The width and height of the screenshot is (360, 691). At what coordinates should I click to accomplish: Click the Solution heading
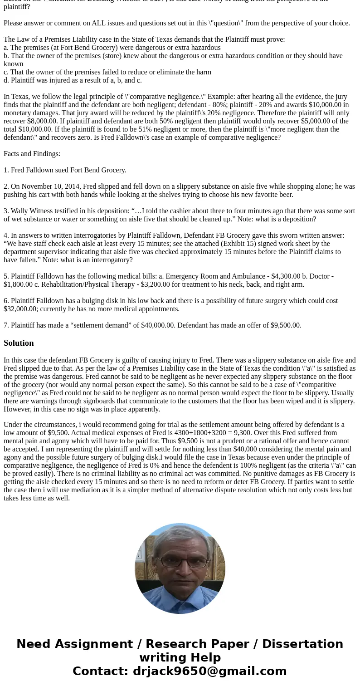pyautogui.click(x=19, y=343)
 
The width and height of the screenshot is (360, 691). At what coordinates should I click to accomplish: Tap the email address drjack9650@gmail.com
pyautogui.click(x=209, y=671)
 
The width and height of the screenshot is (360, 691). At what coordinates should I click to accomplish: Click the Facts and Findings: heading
pyautogui.click(x=32, y=154)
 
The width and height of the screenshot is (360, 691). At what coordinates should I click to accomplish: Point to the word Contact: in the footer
pyautogui.click(x=101, y=671)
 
